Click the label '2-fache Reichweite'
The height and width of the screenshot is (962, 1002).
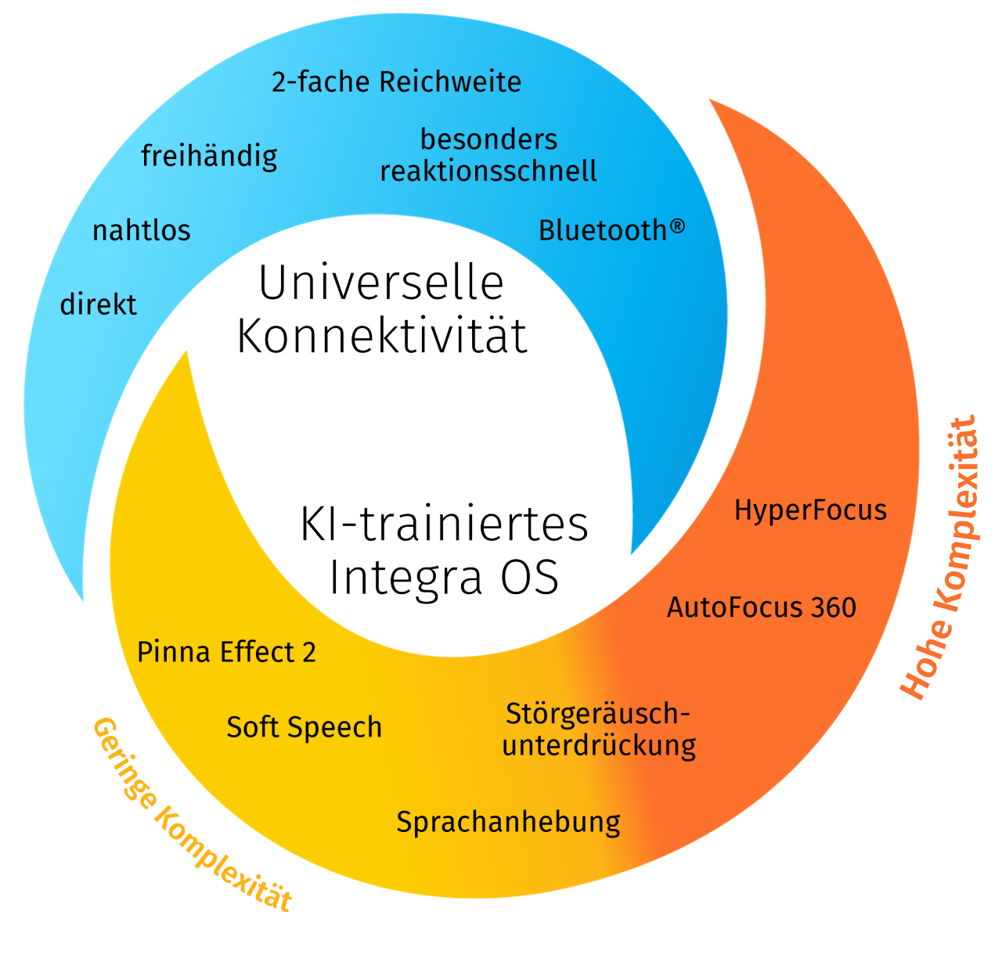(x=396, y=82)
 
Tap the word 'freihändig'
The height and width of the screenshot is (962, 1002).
(x=209, y=156)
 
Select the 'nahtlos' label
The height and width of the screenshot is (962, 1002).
(x=142, y=231)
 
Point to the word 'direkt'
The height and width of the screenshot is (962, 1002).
(x=99, y=304)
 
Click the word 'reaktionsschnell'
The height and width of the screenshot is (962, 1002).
(x=488, y=171)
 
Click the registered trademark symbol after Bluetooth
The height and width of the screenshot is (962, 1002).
(x=677, y=226)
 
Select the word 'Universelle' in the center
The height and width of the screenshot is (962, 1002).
(x=381, y=283)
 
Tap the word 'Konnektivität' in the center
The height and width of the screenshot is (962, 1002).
(x=382, y=337)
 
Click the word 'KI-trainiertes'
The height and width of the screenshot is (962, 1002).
(x=444, y=524)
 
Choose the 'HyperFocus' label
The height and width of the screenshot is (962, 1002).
(x=810, y=510)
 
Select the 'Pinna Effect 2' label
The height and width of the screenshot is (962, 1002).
(x=226, y=652)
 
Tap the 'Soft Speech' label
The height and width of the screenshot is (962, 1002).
(x=304, y=727)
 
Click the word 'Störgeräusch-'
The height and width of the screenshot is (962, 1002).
(x=598, y=714)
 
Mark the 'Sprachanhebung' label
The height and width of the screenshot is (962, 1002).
(x=508, y=822)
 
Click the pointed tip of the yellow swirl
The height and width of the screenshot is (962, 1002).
(x=187, y=352)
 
